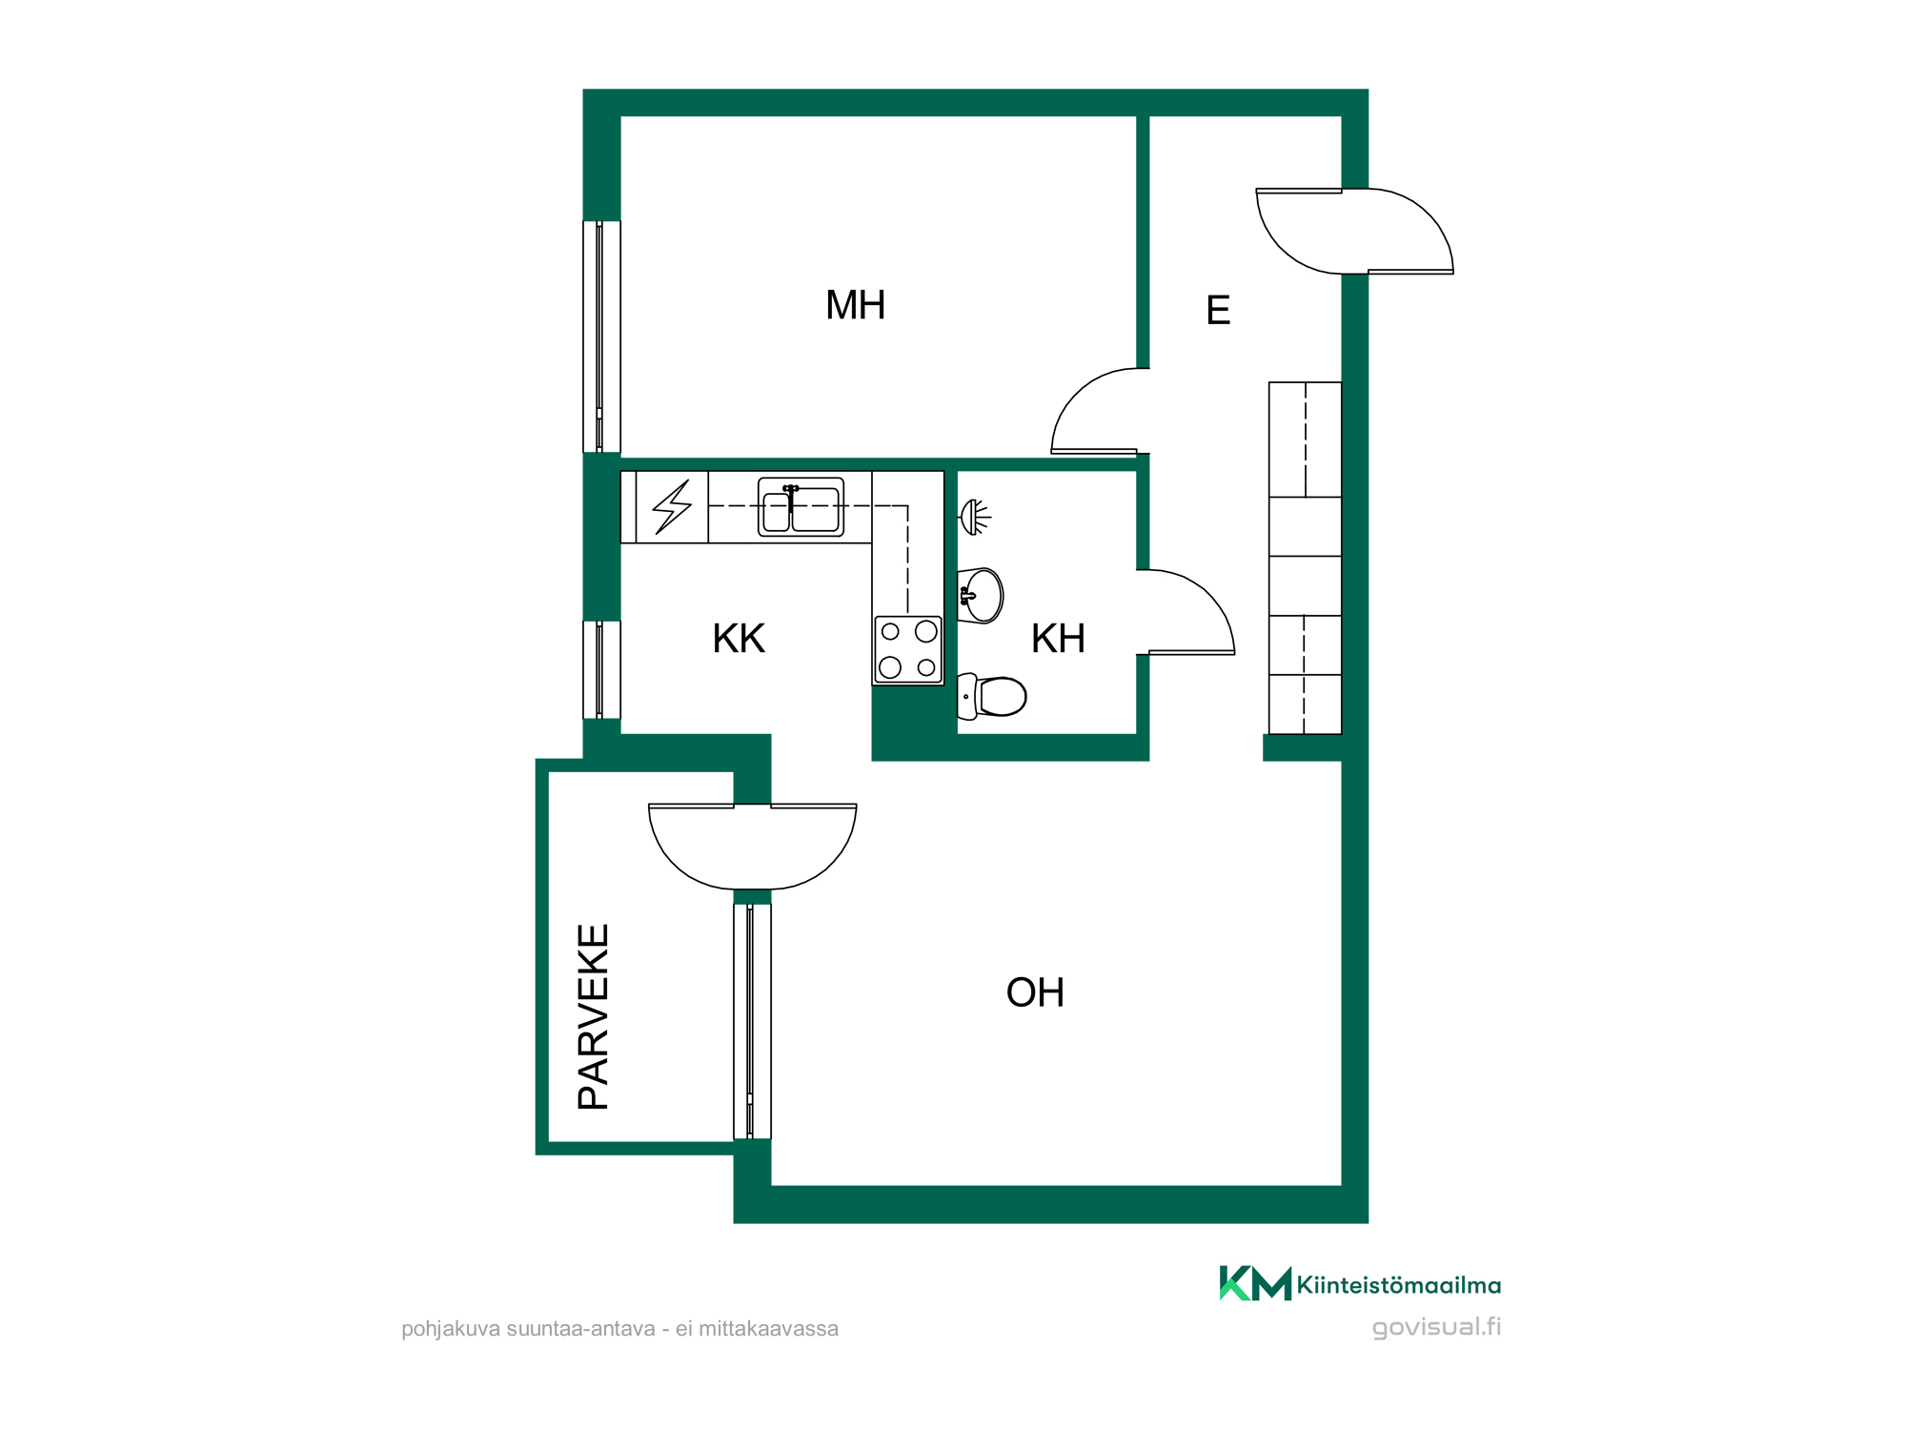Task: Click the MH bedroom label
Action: coord(855,305)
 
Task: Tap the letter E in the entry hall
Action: coord(1218,311)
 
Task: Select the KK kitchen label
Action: coord(739,639)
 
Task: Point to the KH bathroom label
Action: coord(1058,639)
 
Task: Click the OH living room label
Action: coord(1035,993)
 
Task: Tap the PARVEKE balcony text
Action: coord(594,1016)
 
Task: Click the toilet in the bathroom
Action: coord(991,696)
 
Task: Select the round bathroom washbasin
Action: coord(980,596)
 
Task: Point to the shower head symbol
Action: coord(974,517)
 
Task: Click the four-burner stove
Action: coord(908,650)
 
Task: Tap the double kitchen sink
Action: coord(801,507)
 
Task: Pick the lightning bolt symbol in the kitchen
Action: coord(672,507)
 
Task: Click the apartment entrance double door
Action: coord(1354,232)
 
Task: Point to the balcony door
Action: coord(753,848)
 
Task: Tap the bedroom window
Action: coord(601,337)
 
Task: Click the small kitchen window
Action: coord(601,669)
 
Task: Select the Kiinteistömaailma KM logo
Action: coord(1360,1283)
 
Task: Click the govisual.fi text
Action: coord(1436,1327)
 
